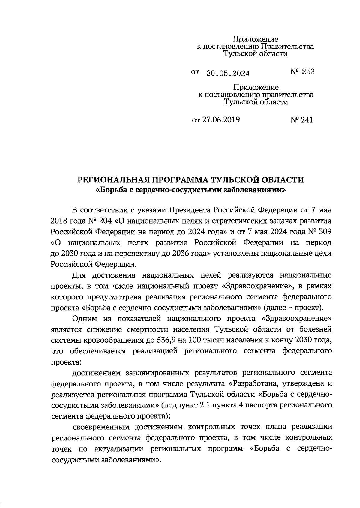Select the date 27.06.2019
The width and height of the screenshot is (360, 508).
tap(220, 120)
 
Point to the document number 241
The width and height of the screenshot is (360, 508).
tap(306, 120)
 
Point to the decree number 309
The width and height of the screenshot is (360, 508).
tap(325, 232)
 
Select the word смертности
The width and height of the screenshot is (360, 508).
tap(116, 329)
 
